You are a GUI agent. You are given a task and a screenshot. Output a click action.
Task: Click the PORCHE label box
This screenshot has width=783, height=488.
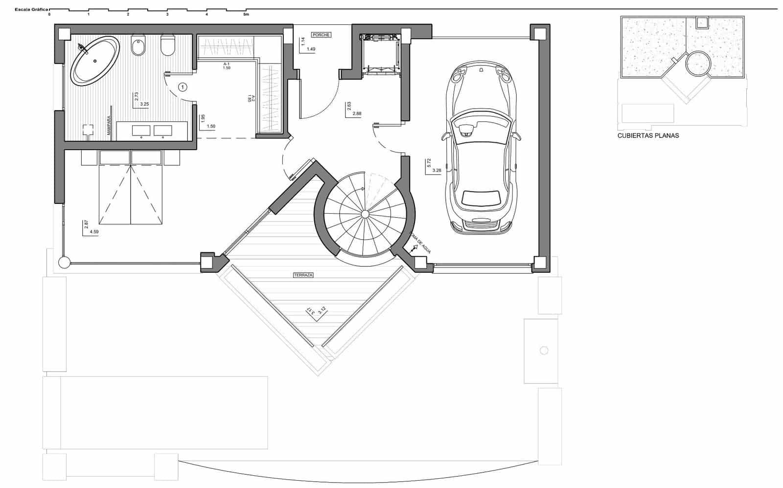point(321,35)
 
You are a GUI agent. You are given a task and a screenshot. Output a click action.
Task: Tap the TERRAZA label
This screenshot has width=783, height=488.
point(303,275)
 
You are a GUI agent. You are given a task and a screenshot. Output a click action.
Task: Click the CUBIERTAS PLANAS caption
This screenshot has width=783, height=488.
point(648,135)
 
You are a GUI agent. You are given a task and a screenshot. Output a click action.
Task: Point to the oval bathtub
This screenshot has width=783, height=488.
point(95,61)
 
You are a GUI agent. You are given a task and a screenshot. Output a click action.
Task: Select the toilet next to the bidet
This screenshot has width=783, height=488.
point(168,46)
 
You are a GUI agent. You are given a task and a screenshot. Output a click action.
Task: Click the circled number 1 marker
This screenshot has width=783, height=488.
point(183,88)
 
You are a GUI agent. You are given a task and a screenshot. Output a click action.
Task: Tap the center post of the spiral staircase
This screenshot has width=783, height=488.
point(365,214)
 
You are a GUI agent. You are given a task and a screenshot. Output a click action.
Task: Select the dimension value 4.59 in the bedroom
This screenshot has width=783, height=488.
point(94,232)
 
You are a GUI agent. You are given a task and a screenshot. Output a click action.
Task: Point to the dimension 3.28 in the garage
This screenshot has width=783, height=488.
point(438,170)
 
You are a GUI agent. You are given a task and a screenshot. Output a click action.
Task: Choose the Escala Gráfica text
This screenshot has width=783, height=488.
point(31,9)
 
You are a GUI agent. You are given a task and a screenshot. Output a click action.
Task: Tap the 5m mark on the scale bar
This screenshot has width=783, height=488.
point(246,15)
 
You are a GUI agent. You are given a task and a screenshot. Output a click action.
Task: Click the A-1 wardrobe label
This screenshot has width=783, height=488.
point(227,64)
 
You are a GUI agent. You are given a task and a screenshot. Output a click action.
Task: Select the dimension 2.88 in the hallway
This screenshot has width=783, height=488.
point(356,113)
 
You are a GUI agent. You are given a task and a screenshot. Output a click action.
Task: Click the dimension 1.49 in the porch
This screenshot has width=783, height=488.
point(311,49)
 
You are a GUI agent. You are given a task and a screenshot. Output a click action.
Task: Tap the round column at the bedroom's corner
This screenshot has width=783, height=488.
point(64,263)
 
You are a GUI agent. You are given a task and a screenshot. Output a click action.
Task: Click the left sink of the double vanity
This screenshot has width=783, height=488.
point(141,130)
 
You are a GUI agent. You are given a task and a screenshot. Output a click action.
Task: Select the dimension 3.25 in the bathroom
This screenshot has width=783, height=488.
point(144,104)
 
